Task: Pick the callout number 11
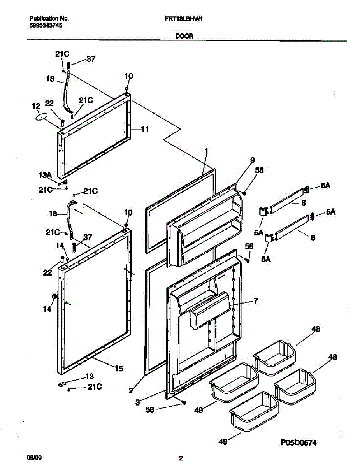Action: click(x=144, y=130)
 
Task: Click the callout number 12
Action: click(x=36, y=106)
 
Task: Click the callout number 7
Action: click(x=256, y=300)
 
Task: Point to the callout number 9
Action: click(x=252, y=160)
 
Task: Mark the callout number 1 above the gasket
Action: click(x=207, y=150)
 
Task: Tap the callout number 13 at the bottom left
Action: click(x=90, y=376)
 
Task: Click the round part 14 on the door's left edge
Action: click(x=54, y=297)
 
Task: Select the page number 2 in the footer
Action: click(x=181, y=458)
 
